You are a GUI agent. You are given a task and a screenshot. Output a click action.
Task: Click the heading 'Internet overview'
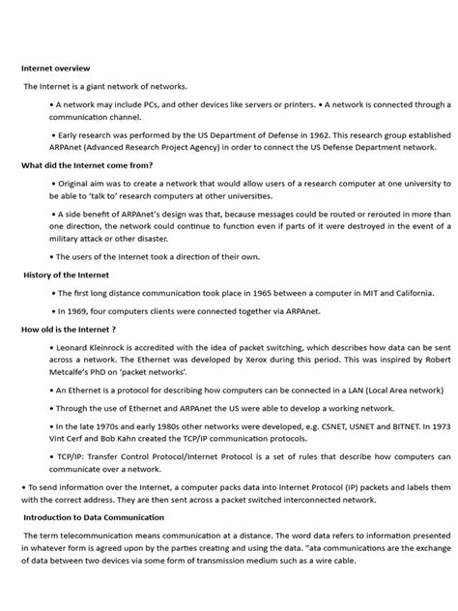pyautogui.click(x=56, y=69)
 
